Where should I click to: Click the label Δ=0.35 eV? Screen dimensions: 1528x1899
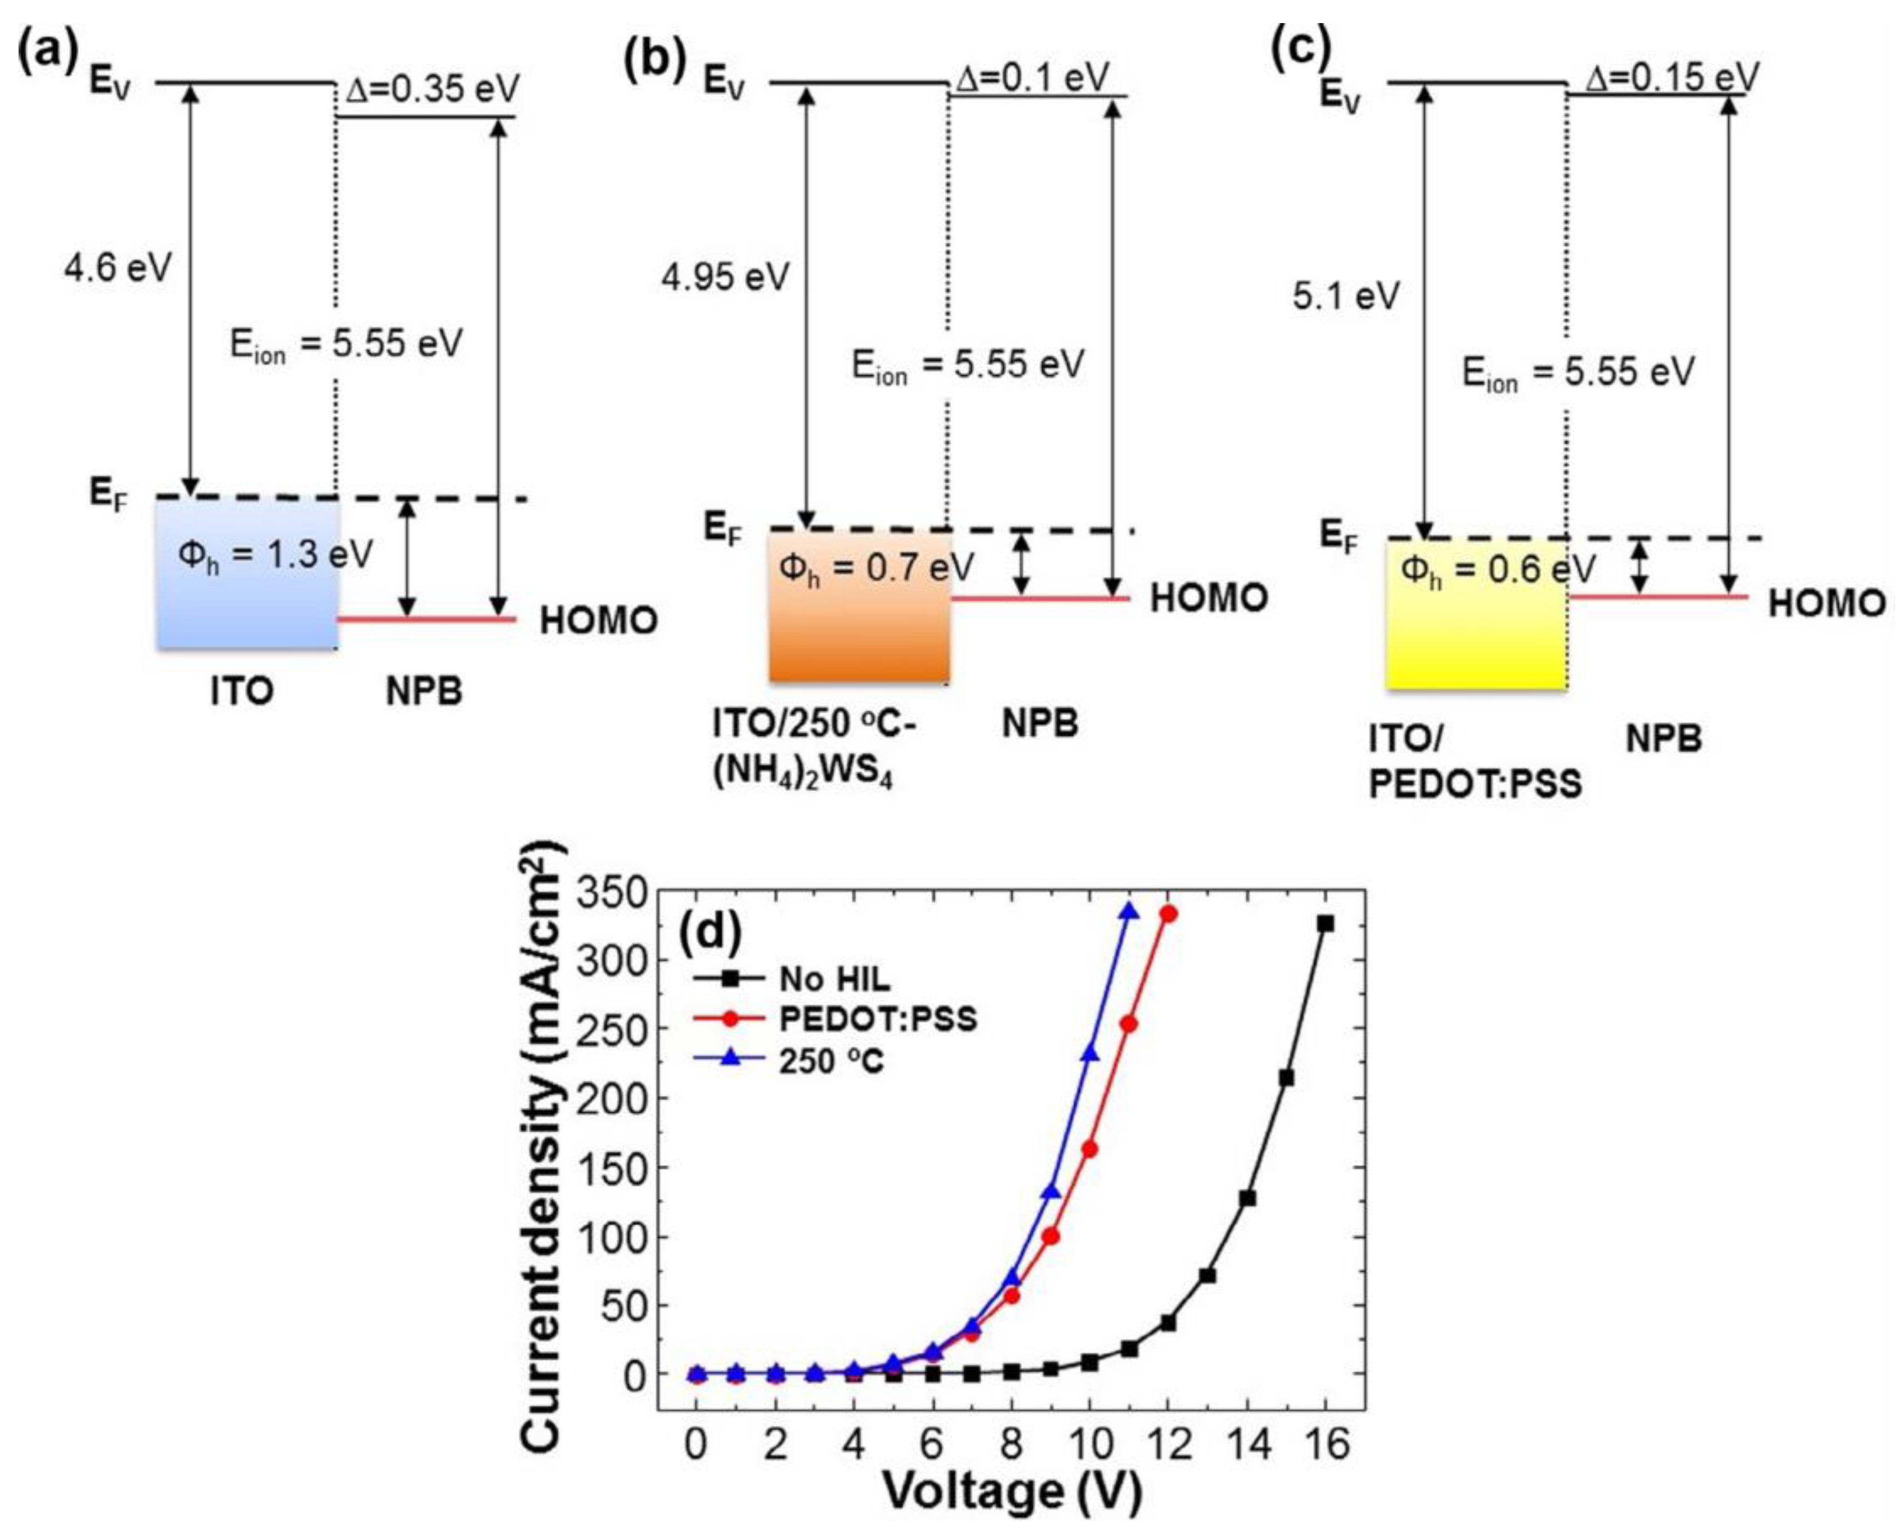(x=432, y=88)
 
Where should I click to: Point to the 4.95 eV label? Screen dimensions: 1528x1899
(x=725, y=277)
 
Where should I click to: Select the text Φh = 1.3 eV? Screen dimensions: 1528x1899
(x=275, y=555)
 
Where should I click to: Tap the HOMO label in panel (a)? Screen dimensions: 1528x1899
(x=598, y=621)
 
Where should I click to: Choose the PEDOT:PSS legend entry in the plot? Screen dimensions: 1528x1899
(x=877, y=1019)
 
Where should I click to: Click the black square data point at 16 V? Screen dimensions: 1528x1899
(x=1325, y=923)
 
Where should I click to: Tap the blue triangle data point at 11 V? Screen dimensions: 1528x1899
(x=1129, y=911)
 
